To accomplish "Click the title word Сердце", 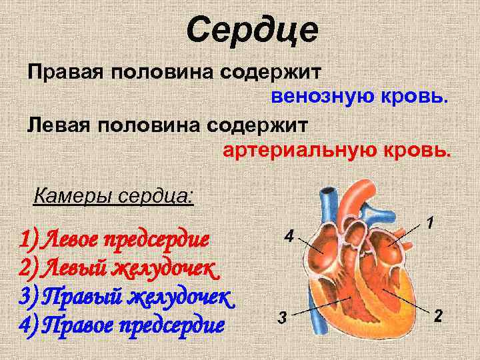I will [x=253, y=31].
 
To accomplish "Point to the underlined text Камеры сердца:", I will [x=113, y=197].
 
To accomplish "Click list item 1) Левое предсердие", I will [x=114, y=237].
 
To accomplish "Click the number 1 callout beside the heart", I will [x=431, y=221].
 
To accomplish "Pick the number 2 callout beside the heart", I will [x=438, y=315].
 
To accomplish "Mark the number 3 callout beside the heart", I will [x=282, y=317].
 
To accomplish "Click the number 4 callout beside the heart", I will [x=288, y=236].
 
